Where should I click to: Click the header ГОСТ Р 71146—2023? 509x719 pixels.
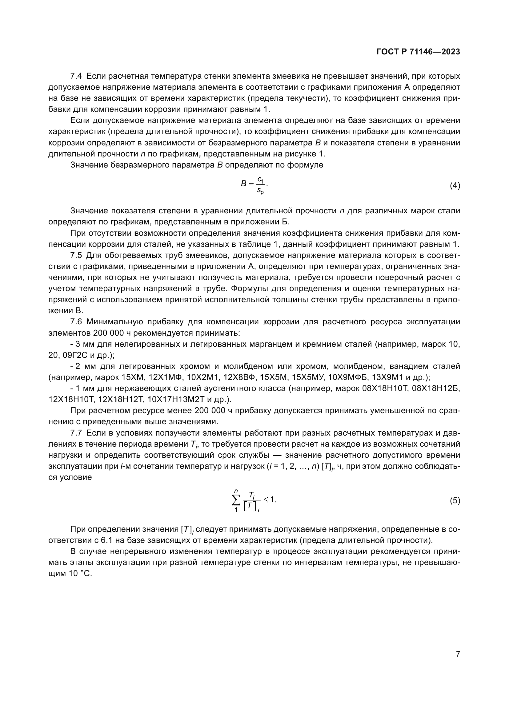418,52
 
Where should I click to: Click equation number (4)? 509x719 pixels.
455,186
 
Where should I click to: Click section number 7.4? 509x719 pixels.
76,76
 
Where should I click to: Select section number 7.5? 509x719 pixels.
76,255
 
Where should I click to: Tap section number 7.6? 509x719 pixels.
76,322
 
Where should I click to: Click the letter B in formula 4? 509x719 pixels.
243,184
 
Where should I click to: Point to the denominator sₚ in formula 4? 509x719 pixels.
260,190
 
